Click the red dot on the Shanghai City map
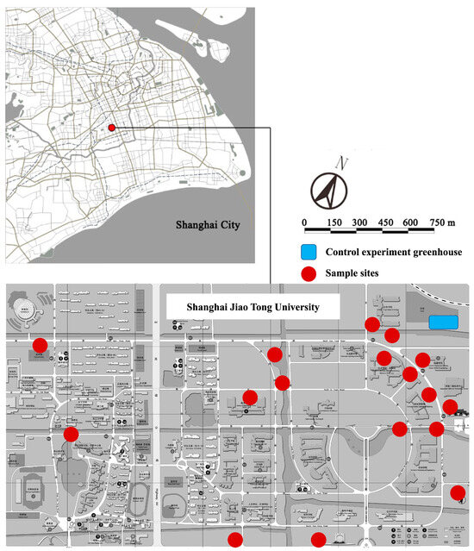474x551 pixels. pos(112,128)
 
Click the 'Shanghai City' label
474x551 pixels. pos(206,226)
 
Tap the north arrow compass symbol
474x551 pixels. pos(328,189)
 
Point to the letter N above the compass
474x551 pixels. pos(343,162)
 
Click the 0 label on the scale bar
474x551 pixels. pos(304,222)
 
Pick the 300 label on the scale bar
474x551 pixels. pos(359,222)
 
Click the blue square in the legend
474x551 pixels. pos(308,253)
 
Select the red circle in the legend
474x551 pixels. pos(308,272)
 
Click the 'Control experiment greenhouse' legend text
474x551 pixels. pos(394,253)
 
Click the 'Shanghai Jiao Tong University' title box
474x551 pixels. pos(253,307)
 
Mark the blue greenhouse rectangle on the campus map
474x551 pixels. pos(442,322)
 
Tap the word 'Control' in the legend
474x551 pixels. pos(342,253)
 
